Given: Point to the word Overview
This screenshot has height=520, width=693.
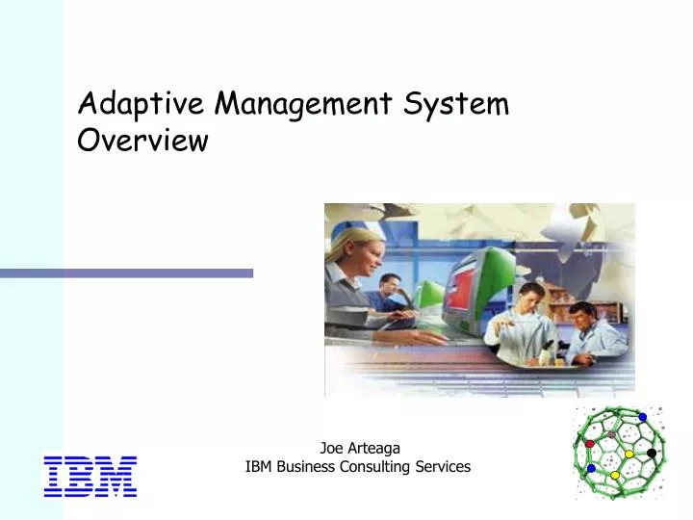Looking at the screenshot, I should click(x=142, y=141).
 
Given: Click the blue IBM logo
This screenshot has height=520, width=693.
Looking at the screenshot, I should click(x=90, y=477).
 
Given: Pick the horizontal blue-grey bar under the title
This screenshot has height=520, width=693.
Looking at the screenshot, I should click(x=126, y=273).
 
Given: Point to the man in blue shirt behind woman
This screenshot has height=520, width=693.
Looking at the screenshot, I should click(x=390, y=294).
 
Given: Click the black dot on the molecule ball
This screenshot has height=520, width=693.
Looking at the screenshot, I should click(x=651, y=453).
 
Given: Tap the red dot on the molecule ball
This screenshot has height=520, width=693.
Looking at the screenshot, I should click(x=590, y=444).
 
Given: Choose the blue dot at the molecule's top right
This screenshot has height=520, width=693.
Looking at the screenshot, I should click(x=643, y=417).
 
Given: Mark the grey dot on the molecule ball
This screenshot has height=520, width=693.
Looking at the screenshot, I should click(x=611, y=435).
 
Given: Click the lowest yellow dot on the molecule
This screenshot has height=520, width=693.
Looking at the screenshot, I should click(x=615, y=476).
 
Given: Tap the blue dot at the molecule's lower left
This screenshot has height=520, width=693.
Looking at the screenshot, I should click(x=591, y=469).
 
